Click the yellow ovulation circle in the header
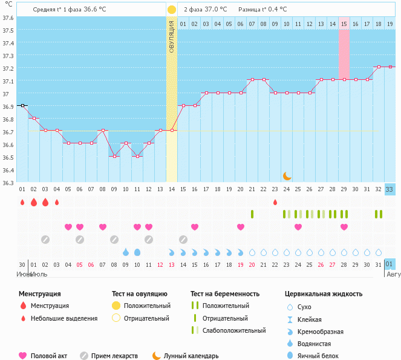(172, 10)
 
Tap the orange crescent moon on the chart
(287, 175)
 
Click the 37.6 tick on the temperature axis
(8, 18)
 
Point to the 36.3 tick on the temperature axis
(8, 183)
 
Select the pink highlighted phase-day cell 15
(344, 24)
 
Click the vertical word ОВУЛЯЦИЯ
(172, 36)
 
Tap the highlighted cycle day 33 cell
(390, 189)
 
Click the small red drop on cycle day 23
(275, 202)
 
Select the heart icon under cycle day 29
(344, 227)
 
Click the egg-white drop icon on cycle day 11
(137, 252)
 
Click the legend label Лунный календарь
(192, 356)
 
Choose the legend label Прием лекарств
(114, 356)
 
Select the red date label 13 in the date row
(172, 264)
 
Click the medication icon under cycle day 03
(45, 239)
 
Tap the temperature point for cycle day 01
(22, 105)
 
